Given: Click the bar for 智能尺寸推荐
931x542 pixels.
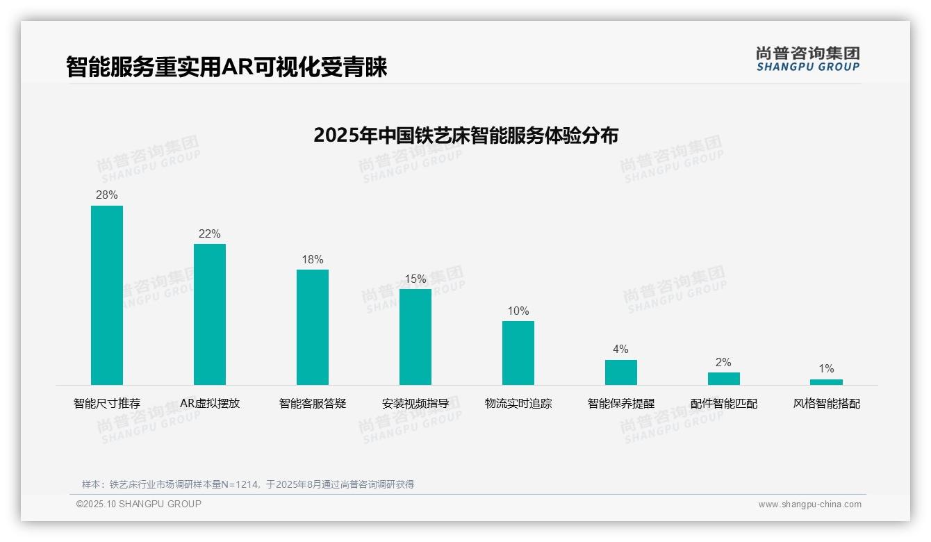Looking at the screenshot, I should (x=107, y=295).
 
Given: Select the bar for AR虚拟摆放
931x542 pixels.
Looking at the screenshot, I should (x=210, y=314).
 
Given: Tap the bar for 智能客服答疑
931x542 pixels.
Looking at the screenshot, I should (x=313, y=327).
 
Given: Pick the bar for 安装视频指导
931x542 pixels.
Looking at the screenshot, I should (x=415, y=337).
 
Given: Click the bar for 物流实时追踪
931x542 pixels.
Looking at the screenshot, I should (x=518, y=353).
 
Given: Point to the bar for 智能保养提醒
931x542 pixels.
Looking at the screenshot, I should (x=621, y=372).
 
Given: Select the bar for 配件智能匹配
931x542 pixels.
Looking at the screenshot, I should (x=724, y=379).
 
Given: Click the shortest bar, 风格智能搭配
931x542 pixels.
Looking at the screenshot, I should (x=827, y=382).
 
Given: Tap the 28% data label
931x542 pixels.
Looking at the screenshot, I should (x=107, y=195).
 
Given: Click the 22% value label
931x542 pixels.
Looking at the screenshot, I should (x=210, y=234).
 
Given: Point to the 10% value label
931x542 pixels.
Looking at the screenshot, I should (x=518, y=311).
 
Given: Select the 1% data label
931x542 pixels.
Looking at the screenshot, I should (x=827, y=369).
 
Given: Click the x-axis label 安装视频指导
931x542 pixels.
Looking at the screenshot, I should (x=415, y=404).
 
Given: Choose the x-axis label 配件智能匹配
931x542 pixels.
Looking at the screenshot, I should (x=724, y=404).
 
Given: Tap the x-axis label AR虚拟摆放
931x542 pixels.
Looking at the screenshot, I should (x=210, y=404).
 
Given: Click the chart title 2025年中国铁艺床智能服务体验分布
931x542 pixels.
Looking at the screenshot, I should (x=465, y=135).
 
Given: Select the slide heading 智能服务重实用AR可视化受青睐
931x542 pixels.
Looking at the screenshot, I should (x=226, y=67).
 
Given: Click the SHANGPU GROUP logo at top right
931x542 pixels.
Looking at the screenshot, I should (x=808, y=59).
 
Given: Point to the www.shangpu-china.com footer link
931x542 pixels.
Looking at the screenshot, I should (x=809, y=504).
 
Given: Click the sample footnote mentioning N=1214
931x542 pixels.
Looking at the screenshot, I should (x=248, y=484).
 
